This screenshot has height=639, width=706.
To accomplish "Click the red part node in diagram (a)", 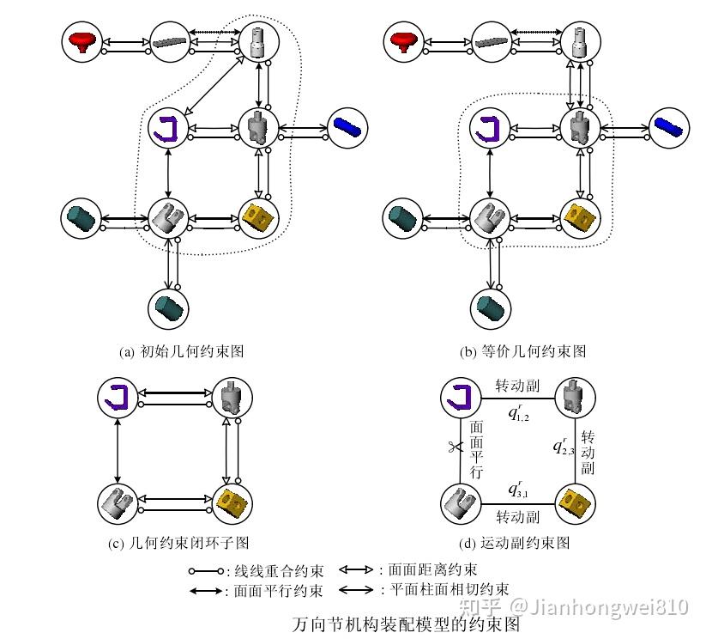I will pyautogui.click(x=83, y=40).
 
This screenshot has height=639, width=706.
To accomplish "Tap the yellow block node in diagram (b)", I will pyautogui.click(x=581, y=216).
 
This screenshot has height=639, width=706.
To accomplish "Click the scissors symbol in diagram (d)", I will pyautogui.click(x=454, y=446).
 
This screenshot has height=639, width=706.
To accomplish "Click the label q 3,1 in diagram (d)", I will pyautogui.click(x=517, y=490).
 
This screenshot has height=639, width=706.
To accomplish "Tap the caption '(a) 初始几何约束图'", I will pyautogui.click(x=182, y=351).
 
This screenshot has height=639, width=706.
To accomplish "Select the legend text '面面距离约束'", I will pyautogui.click(x=432, y=569).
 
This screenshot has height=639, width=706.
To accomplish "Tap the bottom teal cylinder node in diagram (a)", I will pyautogui.click(x=168, y=307).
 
